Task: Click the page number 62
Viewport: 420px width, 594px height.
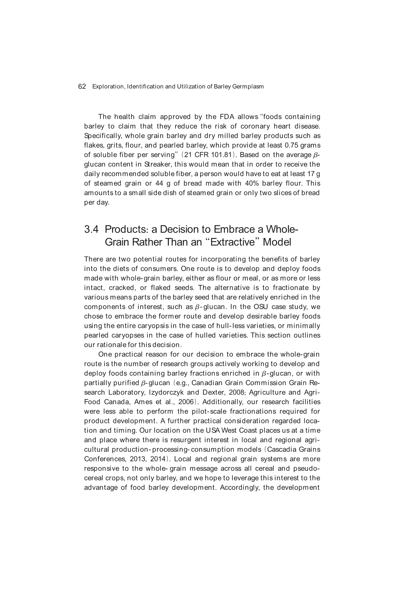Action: click(x=82, y=87)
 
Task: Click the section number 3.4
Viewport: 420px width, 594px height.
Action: click(x=91, y=229)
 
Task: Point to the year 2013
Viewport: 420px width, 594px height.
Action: click(x=138, y=459)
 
